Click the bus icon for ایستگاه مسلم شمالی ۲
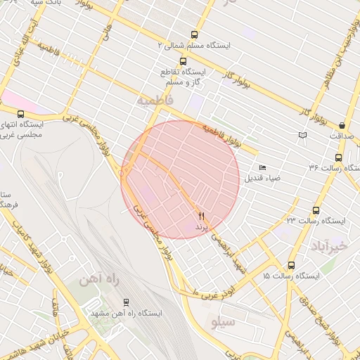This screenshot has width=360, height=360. [x=194, y=34]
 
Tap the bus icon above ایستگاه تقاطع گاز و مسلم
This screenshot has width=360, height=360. [x=183, y=61]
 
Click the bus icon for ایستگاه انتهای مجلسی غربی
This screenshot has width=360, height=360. [x=20, y=113]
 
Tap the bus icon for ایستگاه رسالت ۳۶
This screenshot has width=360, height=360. [x=338, y=157]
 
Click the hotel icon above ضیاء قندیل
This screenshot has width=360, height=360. [x=262, y=167]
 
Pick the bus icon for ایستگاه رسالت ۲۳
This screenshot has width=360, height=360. [x=316, y=210]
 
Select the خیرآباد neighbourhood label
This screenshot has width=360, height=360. [x=328, y=245]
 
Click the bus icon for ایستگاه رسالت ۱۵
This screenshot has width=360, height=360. [x=291, y=265]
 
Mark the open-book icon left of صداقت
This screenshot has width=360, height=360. [x=302, y=134]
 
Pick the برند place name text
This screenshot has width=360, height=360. [x=202, y=229]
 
